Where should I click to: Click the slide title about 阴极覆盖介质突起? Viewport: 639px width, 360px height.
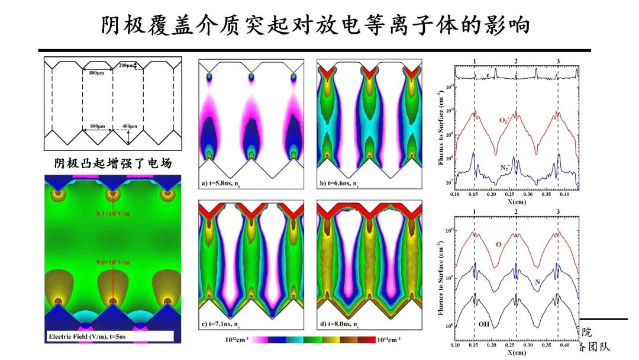pyautogui.click(x=319, y=25)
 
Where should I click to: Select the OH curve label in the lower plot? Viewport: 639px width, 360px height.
pyautogui.click(x=483, y=325)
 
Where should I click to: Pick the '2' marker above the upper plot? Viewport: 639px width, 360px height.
pyautogui.click(x=516, y=62)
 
